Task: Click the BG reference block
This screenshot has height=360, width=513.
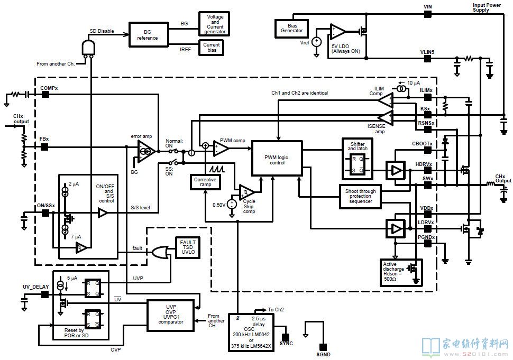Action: (x=149, y=35)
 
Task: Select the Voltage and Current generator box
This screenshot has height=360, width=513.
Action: (x=214, y=24)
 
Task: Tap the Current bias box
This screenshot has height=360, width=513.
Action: (x=212, y=48)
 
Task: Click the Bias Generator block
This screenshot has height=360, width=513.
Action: (x=292, y=29)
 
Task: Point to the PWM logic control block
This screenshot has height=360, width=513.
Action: (x=277, y=158)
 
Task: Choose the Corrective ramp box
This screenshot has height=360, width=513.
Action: (x=205, y=182)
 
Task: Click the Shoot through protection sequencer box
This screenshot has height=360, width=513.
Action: (x=360, y=196)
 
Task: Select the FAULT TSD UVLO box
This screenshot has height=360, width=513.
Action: (x=188, y=247)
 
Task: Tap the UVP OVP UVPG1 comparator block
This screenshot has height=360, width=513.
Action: (x=170, y=315)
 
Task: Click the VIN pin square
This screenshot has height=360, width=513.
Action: (x=428, y=14)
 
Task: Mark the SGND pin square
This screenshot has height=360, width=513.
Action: (x=323, y=347)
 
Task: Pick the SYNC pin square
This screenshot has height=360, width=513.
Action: (x=286, y=337)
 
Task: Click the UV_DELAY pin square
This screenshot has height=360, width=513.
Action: (x=45, y=294)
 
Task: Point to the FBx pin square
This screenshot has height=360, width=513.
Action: (x=44, y=147)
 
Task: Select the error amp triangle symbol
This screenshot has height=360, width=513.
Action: (x=145, y=151)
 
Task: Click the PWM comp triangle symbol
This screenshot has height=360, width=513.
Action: (x=221, y=149)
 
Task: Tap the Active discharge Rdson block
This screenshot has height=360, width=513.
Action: (x=401, y=273)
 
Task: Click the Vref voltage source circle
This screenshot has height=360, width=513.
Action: (x=316, y=42)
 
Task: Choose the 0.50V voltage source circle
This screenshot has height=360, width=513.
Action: (x=232, y=205)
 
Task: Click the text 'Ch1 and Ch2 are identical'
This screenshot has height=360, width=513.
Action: (x=300, y=93)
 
